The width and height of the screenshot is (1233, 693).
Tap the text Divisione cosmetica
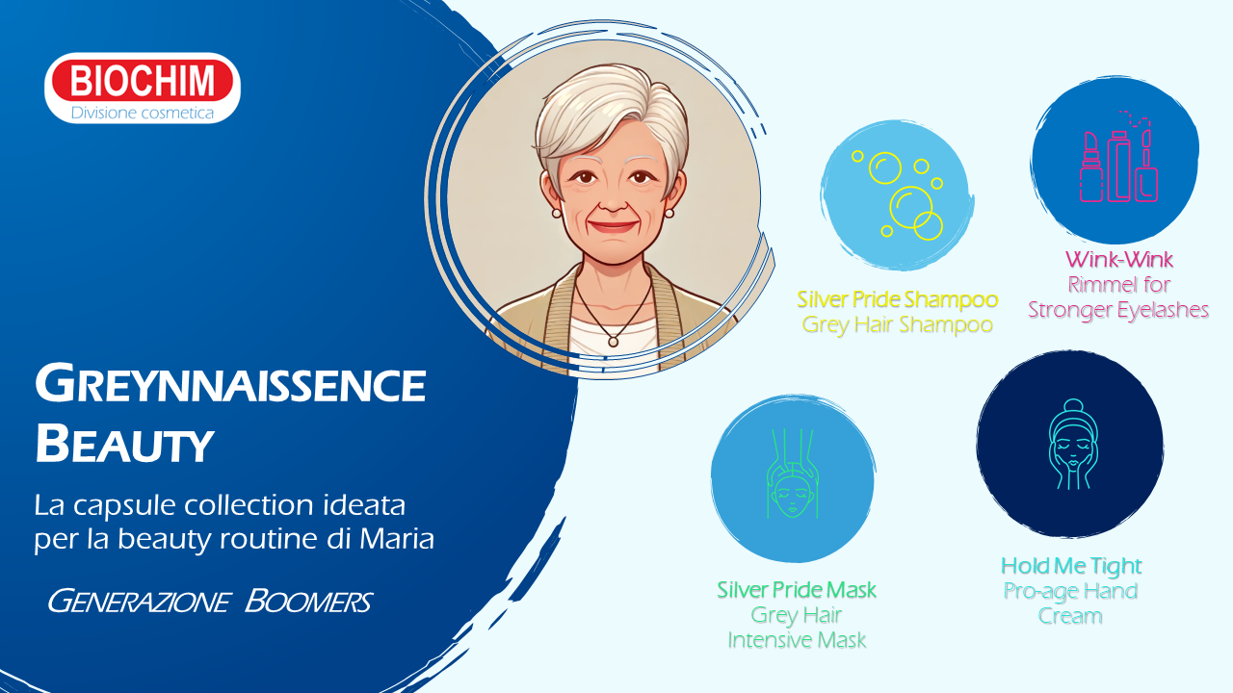click(142, 113)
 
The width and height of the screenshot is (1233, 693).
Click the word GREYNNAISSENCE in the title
click(230, 383)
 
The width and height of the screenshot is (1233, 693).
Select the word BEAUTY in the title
click(124, 444)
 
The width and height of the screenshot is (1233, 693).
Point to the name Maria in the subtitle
click(396, 538)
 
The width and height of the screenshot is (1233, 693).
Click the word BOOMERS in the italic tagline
click(308, 601)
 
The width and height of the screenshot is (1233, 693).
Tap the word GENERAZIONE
click(139, 601)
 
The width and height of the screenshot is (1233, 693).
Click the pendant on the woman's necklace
click(613, 342)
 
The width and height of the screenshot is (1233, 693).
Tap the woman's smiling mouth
click(613, 226)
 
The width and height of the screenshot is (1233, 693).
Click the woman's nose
click(613, 201)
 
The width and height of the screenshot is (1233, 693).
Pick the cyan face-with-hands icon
click(1073, 445)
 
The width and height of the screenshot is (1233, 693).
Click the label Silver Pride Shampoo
click(897, 299)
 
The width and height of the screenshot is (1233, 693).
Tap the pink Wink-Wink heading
click(1118, 260)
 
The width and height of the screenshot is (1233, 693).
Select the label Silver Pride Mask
click(796, 590)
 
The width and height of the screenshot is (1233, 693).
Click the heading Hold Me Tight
click(1070, 565)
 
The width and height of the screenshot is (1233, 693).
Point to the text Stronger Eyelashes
click(1118, 310)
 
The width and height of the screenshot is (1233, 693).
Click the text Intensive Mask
click(797, 640)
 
